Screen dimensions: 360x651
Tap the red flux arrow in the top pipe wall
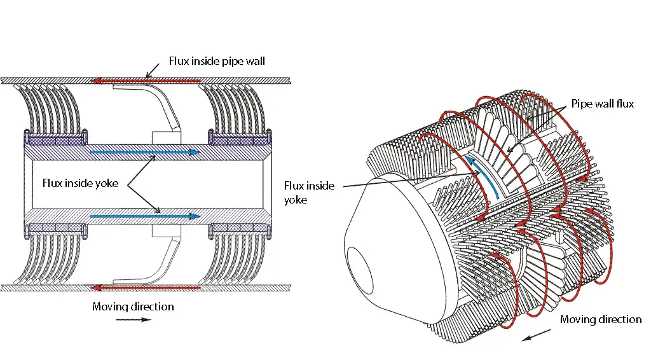pyautogui.click(x=146, y=81)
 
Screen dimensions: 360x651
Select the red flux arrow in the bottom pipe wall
pyautogui.click(x=146, y=288)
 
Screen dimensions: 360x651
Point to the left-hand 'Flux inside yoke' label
pyautogui.click(x=79, y=183)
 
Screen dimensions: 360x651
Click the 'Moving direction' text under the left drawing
pyautogui.click(x=133, y=307)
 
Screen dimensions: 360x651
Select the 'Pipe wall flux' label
pyautogui.click(x=602, y=104)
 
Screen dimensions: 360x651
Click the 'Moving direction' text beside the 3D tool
pyautogui.click(x=601, y=319)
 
